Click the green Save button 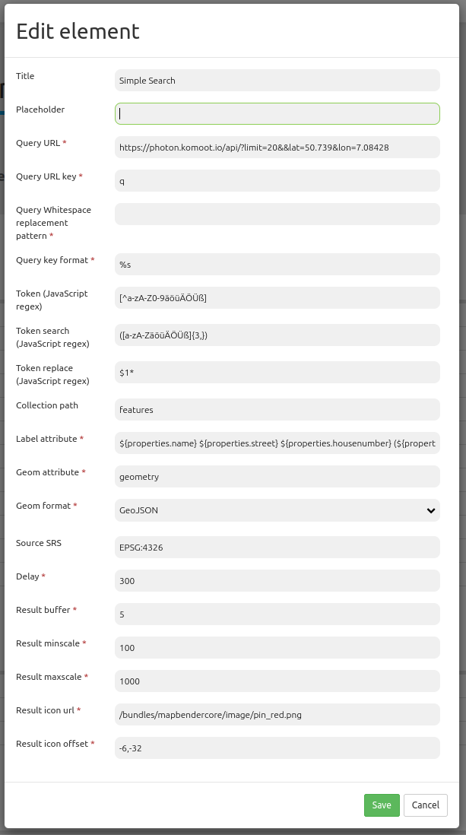coord(382,805)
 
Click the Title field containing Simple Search coord(277,81)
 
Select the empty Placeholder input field coord(277,114)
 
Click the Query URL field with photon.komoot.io coord(277,148)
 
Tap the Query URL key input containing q coord(277,181)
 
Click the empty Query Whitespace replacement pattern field coord(277,214)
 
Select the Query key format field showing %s coord(277,265)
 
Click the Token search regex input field coord(277,335)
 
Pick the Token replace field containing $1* coord(277,373)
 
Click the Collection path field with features coord(277,410)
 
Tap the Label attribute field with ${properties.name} coord(277,443)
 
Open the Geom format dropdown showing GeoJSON coord(277,511)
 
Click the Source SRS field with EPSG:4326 coord(277,548)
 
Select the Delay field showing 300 coord(277,581)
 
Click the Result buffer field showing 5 coord(277,614)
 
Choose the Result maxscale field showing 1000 coord(277,681)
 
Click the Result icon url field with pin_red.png coord(277,715)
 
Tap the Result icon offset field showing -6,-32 coord(277,748)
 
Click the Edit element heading coord(78,31)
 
